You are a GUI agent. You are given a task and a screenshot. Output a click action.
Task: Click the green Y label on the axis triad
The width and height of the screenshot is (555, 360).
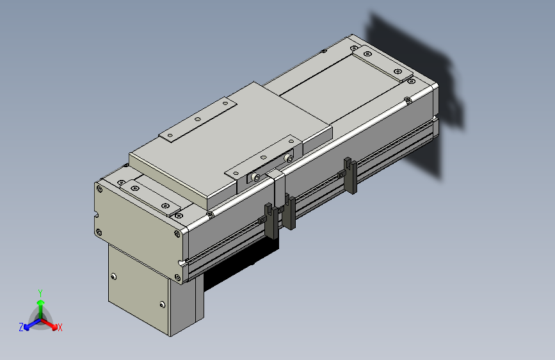tap(40, 293)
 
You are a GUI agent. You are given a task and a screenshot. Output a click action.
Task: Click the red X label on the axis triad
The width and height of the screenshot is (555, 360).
tap(60, 327)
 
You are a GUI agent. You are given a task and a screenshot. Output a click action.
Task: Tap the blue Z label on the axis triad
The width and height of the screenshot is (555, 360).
tap(21, 327)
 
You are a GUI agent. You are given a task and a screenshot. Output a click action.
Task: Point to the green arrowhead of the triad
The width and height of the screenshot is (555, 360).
tap(41, 302)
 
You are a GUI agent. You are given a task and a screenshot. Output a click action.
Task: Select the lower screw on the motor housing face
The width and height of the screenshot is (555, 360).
tap(163, 304)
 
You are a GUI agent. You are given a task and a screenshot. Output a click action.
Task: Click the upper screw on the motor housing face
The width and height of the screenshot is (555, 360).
tap(113, 277)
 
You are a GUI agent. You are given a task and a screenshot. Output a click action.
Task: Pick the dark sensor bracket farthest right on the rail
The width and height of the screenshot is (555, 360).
tap(350, 176)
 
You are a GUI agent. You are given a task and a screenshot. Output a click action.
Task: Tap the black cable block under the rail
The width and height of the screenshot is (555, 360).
tap(241, 262)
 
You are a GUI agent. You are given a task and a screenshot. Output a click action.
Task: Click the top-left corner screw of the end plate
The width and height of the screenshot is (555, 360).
tap(99, 190)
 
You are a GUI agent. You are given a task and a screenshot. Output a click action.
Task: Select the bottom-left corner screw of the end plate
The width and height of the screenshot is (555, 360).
tap(99, 233)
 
